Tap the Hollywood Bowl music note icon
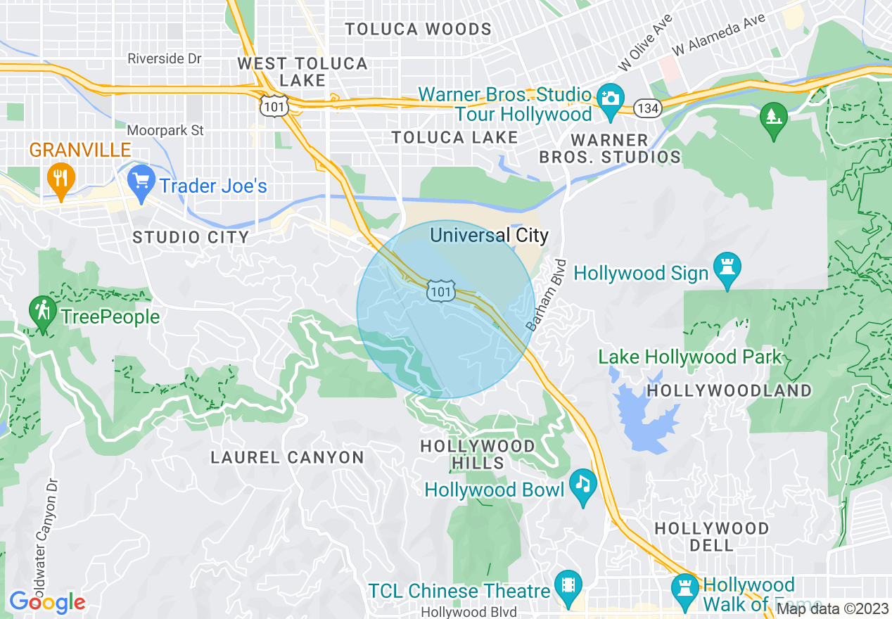point(582,485)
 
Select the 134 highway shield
point(645,108)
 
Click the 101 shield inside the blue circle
point(440,291)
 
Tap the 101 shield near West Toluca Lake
point(270,105)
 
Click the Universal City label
point(489,235)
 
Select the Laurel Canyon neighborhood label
point(288,458)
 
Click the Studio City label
point(191,238)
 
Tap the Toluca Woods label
point(418,30)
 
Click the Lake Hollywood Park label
point(689,357)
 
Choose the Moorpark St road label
point(165,130)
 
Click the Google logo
point(47,602)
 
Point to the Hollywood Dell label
point(712,536)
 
